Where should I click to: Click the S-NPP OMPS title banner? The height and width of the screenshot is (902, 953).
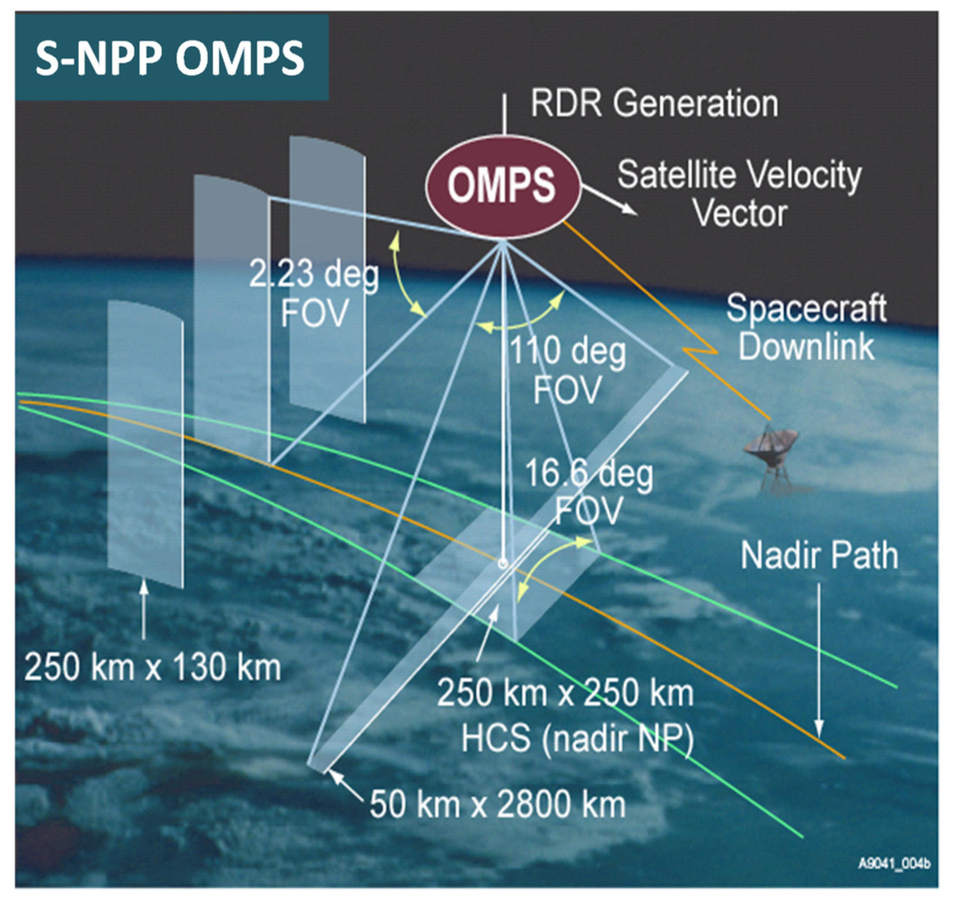pos(171,58)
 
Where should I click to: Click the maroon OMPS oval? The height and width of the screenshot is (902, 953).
pos(503,186)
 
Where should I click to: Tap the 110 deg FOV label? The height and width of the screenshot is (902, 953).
pos(567,370)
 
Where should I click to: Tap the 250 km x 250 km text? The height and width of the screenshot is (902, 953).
pos(565,693)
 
